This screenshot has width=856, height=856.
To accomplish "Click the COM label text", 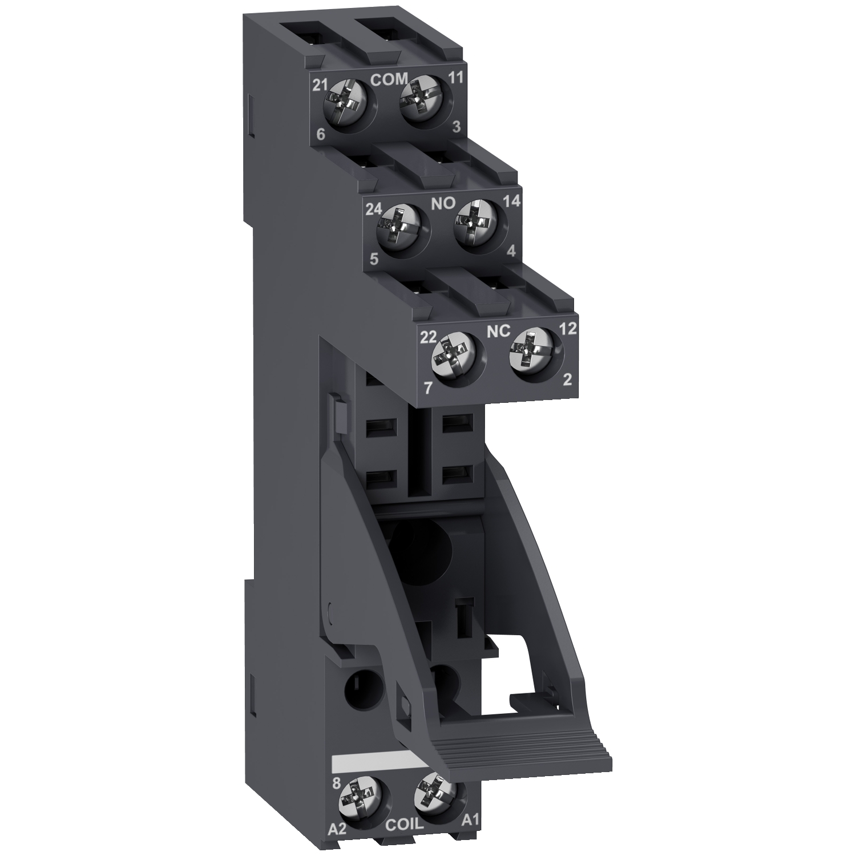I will click(x=390, y=80).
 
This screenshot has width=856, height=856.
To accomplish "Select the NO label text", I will click(x=443, y=204).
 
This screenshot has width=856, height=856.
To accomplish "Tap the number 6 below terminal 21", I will click(x=320, y=135).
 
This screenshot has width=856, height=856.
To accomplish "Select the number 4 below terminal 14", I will click(x=511, y=251).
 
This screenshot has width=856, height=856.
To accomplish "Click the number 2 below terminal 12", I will click(x=567, y=379).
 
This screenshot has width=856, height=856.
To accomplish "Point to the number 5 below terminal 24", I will click(x=374, y=259).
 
